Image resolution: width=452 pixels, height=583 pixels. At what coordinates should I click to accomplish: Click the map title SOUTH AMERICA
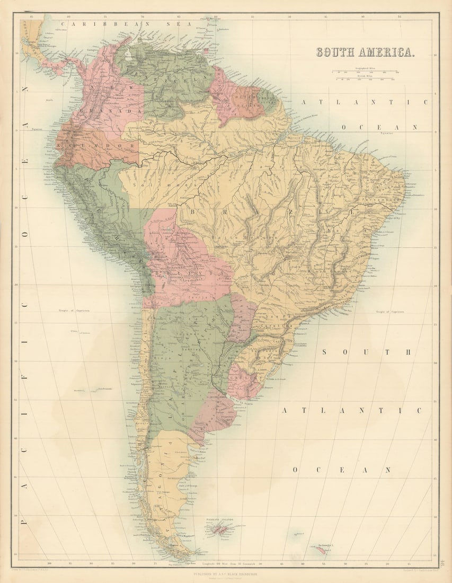(365, 52)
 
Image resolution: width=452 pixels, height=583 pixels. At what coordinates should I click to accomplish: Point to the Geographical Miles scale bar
(366, 72)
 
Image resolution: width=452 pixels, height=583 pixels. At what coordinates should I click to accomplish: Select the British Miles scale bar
(366, 79)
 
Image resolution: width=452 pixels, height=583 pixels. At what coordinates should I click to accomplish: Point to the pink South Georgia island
(321, 552)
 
